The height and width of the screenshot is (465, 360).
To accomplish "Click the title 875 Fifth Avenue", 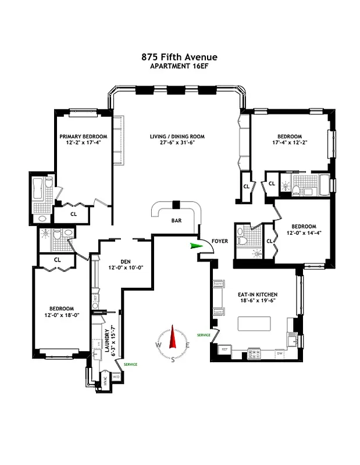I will pyautogui.click(x=180, y=57).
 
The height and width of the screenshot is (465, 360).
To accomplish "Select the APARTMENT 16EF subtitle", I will pyautogui.click(x=180, y=66).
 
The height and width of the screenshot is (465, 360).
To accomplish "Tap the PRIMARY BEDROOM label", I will pyautogui.click(x=83, y=137).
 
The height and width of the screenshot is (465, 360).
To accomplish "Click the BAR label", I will pyautogui.click(x=176, y=221).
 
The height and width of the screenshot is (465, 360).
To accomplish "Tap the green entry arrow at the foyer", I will pyautogui.click(x=194, y=246).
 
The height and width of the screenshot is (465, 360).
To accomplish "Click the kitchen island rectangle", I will pyautogui.click(x=254, y=323).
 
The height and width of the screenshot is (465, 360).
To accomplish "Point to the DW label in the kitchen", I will pyautogui.click(x=280, y=353).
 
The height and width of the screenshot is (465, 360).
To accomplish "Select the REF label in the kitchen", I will pyautogui.click(x=224, y=349).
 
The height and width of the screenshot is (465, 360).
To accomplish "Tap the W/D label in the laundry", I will pyautogui.click(x=115, y=377).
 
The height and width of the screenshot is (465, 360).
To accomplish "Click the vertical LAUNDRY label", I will pyautogui.click(x=106, y=343).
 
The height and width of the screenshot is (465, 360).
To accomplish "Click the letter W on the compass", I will pyautogui.click(x=158, y=344).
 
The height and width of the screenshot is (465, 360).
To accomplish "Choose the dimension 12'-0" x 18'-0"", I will pyautogui.click(x=61, y=315).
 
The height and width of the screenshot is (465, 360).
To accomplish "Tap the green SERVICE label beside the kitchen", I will pyautogui.click(x=204, y=335).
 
